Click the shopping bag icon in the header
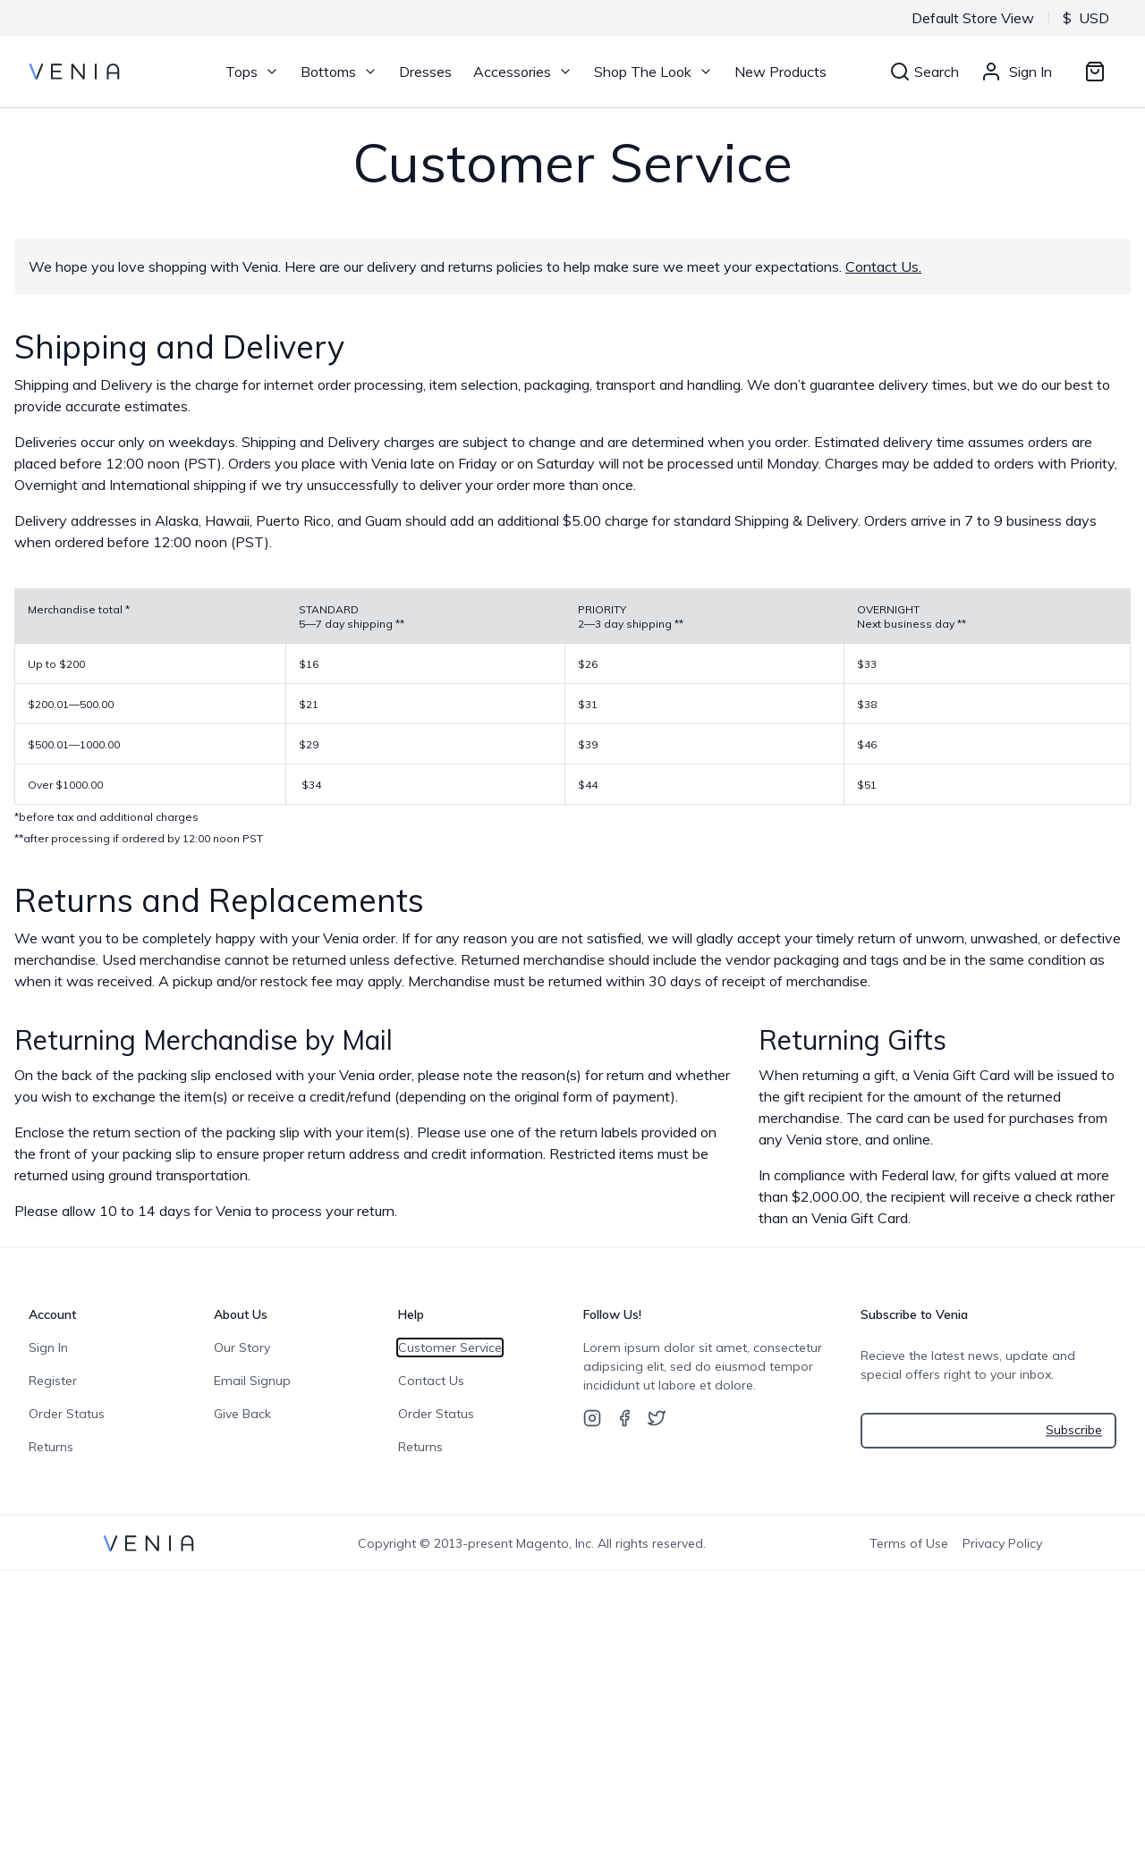1094,72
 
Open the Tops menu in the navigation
251,72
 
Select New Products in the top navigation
780,72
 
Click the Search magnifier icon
900,72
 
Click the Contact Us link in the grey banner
882,266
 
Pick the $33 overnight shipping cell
867,664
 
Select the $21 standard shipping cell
309,705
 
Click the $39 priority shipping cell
588,745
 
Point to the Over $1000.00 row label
65,785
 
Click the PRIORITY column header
602,610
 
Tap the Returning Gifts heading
852,1040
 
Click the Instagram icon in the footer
592,1418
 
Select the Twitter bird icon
657,1418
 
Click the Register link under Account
53,1381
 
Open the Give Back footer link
242,1414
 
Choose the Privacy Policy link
1002,1543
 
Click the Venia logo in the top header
74,72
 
